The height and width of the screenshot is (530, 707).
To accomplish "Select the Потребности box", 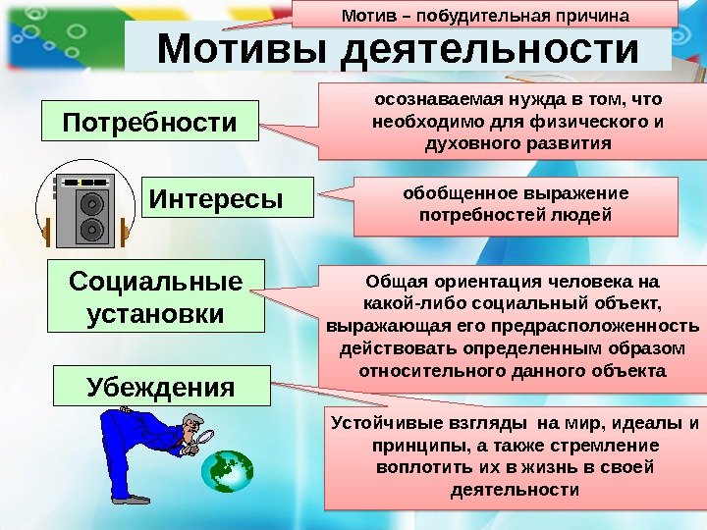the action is click(149, 124).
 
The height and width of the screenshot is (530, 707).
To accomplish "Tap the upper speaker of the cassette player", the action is click(88, 204).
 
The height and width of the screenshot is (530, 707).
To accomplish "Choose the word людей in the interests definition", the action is click(579, 213).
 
